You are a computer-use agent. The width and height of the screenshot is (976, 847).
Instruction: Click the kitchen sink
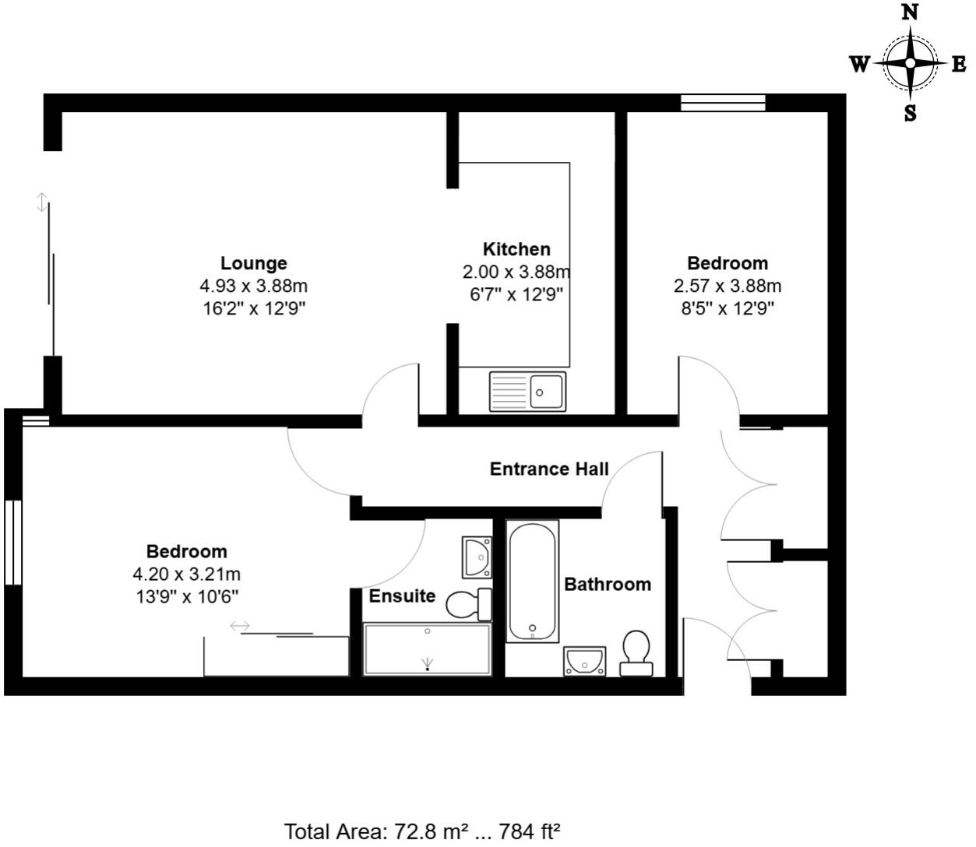(x=528, y=391)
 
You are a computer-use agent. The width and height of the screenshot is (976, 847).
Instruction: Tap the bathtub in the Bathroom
(x=532, y=581)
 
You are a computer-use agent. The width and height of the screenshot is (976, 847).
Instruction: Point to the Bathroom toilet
(x=636, y=653)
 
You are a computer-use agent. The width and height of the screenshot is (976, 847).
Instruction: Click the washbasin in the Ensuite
(x=476, y=557)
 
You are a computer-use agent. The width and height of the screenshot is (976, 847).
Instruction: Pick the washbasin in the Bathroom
(x=585, y=661)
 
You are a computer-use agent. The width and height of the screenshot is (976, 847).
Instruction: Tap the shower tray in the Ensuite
(x=427, y=649)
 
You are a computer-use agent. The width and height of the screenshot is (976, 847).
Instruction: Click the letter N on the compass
(x=909, y=12)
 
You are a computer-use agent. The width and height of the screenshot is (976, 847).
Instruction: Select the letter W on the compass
(x=858, y=64)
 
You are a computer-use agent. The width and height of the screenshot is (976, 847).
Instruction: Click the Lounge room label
(x=253, y=263)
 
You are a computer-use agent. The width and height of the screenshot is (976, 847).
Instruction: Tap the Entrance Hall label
(x=549, y=469)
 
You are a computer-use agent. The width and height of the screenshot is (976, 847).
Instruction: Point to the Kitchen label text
(x=516, y=249)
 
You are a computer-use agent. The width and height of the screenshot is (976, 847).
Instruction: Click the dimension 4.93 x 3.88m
(x=253, y=286)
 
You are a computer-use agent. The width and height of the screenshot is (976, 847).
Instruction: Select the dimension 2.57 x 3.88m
(x=728, y=286)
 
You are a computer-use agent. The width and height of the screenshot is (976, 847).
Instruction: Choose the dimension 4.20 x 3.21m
(x=186, y=575)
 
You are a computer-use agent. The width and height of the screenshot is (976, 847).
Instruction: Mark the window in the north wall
(x=723, y=103)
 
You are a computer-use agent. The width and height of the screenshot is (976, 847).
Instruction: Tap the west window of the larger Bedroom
(x=12, y=542)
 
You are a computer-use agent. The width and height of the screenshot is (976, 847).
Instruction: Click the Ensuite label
(x=402, y=596)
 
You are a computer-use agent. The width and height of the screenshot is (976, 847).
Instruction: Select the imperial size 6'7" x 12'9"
(x=516, y=294)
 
